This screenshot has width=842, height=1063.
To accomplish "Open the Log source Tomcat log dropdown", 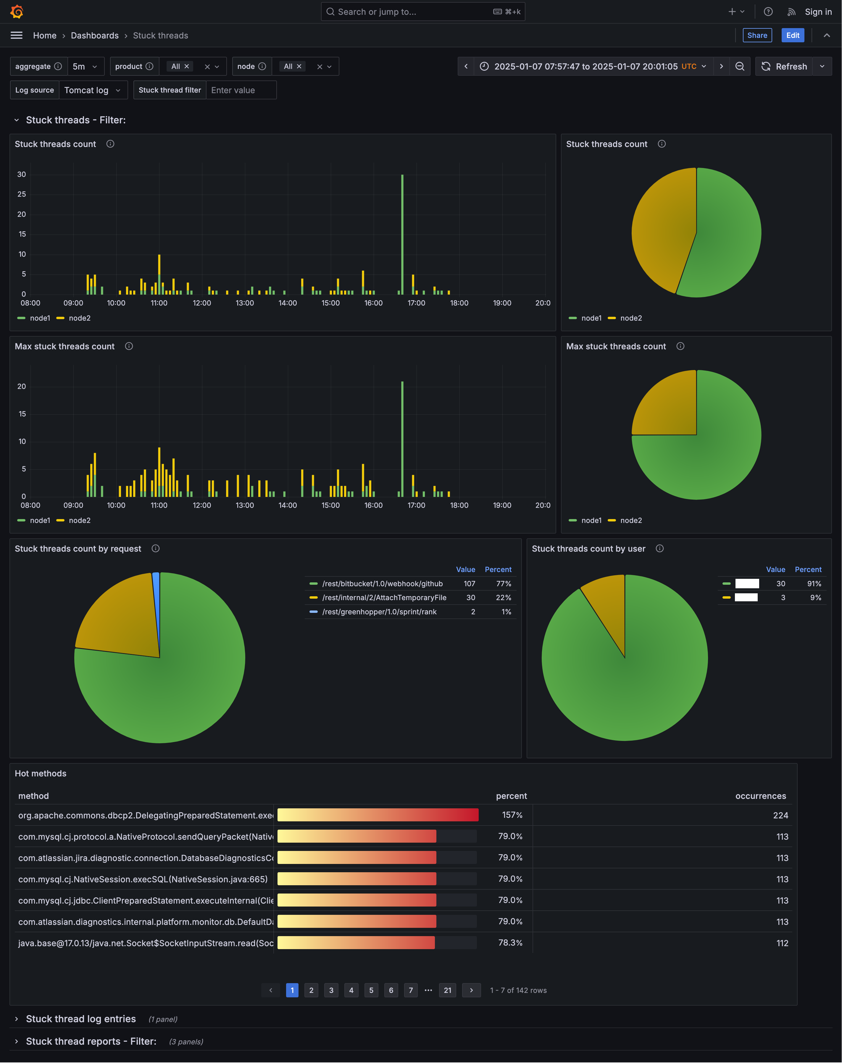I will tap(93, 90).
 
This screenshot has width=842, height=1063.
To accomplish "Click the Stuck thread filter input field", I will tap(241, 90).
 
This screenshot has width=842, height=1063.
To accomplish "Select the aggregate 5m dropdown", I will tap(85, 67).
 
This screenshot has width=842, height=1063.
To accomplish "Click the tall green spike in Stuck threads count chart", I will tap(402, 232).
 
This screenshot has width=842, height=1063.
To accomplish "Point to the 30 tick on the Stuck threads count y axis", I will tap(22, 175).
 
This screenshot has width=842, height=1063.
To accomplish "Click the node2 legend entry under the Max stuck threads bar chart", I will tap(79, 521).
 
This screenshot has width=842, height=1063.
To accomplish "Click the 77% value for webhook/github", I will tap(503, 584).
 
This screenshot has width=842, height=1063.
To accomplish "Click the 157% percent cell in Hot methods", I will tap(512, 815).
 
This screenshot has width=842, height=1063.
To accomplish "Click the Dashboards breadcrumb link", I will tap(95, 35).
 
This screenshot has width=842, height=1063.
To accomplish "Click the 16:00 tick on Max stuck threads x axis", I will tap(373, 505).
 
